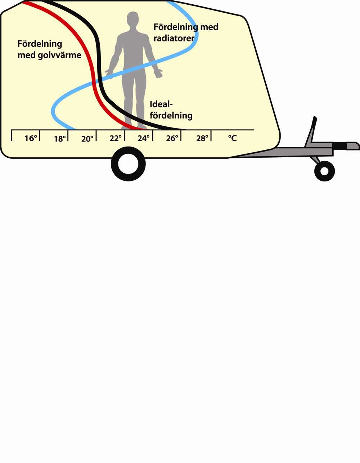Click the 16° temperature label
click(31, 138)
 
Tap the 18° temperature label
click(60, 139)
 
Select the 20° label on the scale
click(87, 139)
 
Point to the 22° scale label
click(116, 138)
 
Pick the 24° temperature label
click(144, 138)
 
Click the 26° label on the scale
click(172, 138)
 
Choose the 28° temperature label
click(202, 138)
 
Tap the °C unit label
click(233, 138)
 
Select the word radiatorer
click(174, 38)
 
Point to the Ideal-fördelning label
click(171, 110)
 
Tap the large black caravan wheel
click(128, 164)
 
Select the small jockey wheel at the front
click(324, 171)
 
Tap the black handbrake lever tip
click(315, 120)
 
